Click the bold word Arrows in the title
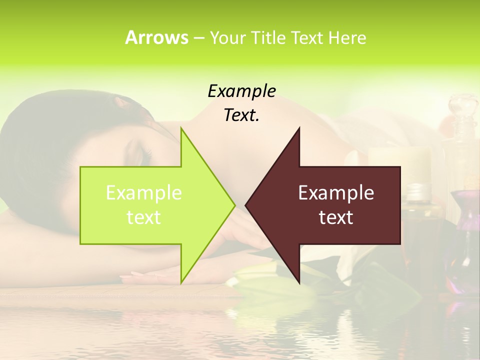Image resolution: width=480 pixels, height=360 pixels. click(156, 37)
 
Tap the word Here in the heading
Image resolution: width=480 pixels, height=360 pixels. click(346, 37)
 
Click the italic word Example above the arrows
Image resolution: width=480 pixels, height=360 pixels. click(241, 91)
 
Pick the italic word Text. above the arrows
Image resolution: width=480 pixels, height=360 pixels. click(241, 115)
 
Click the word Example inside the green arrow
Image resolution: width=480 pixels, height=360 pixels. click(144, 192)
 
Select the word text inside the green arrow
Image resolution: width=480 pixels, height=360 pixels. click(144, 217)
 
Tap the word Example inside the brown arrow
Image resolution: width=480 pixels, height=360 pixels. click(336, 192)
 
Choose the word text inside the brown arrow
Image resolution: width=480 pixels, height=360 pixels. click(336, 217)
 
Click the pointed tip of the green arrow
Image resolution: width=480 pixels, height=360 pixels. click(234, 205)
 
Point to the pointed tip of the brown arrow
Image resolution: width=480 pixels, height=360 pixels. click(246, 205)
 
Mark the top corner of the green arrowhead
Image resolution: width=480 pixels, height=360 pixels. click(181, 128)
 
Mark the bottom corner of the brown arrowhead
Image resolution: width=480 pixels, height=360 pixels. click(299, 282)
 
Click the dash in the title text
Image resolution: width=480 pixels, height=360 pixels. click(198, 38)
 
